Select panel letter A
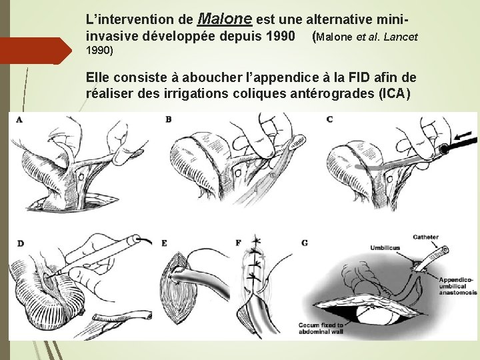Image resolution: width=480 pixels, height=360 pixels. pyautogui.click(x=19, y=120)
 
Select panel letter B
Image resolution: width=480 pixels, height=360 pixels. pyautogui.click(x=169, y=120)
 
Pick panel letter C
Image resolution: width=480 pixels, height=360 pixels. pyautogui.click(x=329, y=120)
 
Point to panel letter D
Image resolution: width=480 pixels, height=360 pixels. pyautogui.click(x=21, y=243)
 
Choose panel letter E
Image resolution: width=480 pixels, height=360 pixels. pyautogui.click(x=165, y=243)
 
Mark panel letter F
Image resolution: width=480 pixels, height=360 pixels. pyautogui.click(x=239, y=243)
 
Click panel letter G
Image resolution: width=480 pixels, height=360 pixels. pyautogui.click(x=305, y=243)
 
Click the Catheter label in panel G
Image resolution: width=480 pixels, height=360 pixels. pyautogui.click(x=425, y=237)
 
